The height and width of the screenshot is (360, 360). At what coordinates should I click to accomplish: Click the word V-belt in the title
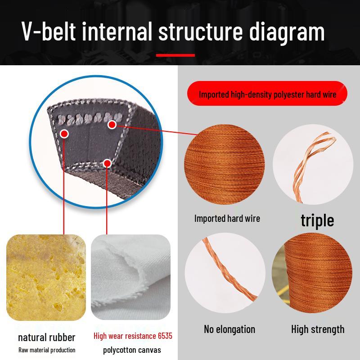(x=49, y=31)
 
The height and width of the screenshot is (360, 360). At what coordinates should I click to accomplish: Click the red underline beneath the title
(x=175, y=55)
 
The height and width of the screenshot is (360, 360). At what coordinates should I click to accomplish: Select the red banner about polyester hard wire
(x=267, y=94)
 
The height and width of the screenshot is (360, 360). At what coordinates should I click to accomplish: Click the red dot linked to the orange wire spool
(x=112, y=125)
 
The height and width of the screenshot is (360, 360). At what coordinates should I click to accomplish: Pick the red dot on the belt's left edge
(x=64, y=134)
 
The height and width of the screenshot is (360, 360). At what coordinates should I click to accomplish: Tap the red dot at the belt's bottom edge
(x=107, y=163)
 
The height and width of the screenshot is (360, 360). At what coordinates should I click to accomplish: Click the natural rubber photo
(x=46, y=277)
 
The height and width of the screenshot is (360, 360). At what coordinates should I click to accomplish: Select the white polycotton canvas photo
(x=130, y=277)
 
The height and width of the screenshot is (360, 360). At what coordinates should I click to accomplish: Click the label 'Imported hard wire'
(x=227, y=218)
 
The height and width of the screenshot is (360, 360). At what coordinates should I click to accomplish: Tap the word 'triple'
(x=317, y=220)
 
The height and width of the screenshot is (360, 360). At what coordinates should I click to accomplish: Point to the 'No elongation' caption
(x=229, y=329)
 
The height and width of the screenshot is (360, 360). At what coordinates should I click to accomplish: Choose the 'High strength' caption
(x=318, y=329)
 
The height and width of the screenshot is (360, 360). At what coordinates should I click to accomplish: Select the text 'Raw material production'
(x=47, y=350)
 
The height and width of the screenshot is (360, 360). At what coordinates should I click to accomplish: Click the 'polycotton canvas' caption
(x=132, y=350)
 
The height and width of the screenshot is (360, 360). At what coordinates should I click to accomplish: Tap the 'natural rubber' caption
(x=47, y=337)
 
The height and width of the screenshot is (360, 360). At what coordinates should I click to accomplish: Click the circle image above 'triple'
(x=313, y=164)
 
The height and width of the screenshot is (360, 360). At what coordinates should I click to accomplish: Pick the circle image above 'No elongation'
(x=225, y=273)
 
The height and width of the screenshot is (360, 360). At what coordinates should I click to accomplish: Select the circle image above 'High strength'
(x=312, y=273)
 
